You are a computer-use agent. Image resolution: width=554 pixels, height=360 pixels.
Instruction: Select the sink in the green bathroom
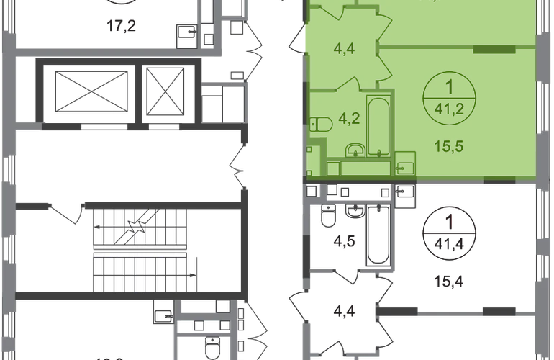pyautogui.click(x=355, y=150)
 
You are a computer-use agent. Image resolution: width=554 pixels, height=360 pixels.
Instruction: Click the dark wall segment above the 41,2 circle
pyautogui.click(x=494, y=49)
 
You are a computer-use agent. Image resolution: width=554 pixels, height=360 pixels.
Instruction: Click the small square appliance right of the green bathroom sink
pyautogui.click(x=404, y=166)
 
